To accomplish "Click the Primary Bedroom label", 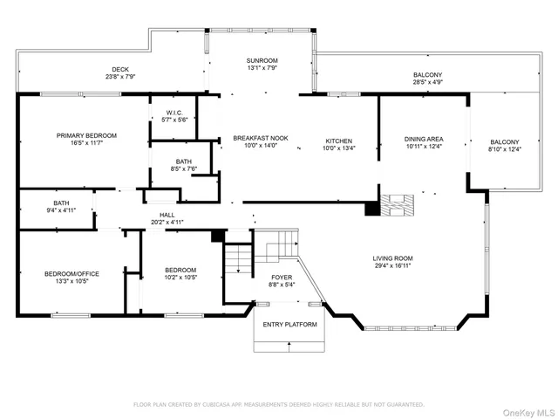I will click(86, 135).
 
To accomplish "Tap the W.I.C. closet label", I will click(174, 113).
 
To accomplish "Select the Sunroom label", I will click(262, 60).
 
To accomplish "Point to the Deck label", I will click(119, 70).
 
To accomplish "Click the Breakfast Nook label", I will click(260, 139).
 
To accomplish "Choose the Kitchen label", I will click(338, 140).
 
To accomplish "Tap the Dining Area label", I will click(424, 139).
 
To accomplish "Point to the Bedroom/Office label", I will click(71, 273).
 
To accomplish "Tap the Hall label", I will click(167, 215).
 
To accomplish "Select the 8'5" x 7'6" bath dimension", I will click(184, 169).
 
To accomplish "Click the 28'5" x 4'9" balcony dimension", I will click(428, 83).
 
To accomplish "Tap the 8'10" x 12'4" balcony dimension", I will click(504, 149).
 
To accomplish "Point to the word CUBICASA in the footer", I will click(222, 405).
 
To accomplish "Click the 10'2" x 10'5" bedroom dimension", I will click(180, 278).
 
